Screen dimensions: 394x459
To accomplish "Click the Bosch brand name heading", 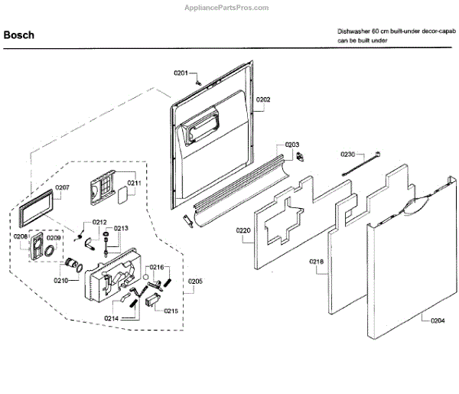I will (x=20, y=35).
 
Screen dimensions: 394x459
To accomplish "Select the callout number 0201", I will (x=181, y=73).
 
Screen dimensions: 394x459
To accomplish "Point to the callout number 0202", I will (x=263, y=99).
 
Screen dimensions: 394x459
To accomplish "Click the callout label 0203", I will (x=292, y=145).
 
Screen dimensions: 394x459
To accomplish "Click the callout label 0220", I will (x=244, y=230).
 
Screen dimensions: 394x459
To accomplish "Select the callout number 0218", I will (x=317, y=262).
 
